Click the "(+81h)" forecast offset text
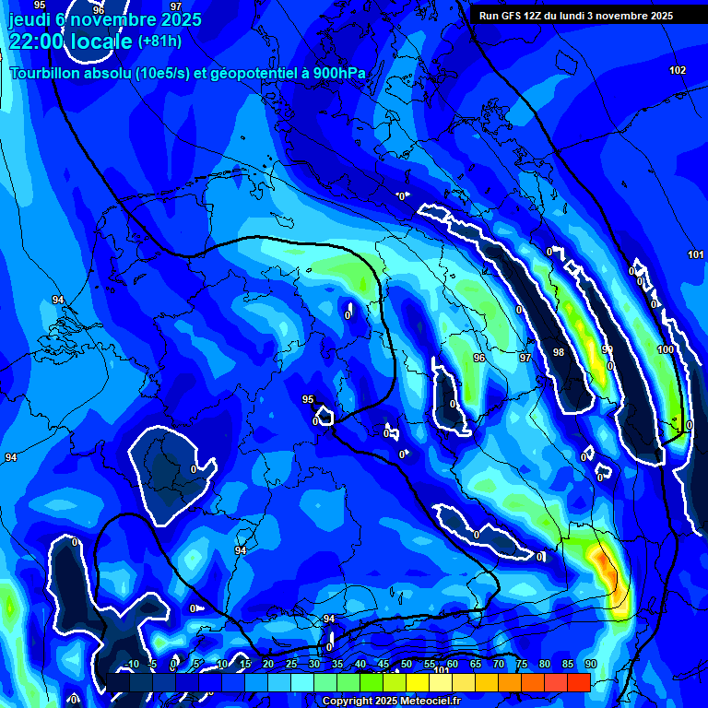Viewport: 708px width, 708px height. pyautogui.click(x=159, y=41)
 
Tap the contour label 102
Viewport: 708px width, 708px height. pyautogui.click(x=678, y=71)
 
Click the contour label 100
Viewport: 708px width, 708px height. pyautogui.click(x=666, y=350)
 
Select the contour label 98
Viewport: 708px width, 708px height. pyautogui.click(x=558, y=353)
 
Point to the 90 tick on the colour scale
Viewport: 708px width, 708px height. pyautogui.click(x=590, y=664)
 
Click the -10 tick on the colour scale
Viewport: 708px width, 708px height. pyautogui.click(x=132, y=664)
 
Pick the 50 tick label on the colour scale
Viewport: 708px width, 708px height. pyautogui.click(x=407, y=664)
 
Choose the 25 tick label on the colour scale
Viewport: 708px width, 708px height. pyautogui.click(x=291, y=664)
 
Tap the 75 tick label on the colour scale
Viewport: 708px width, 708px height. pyautogui.click(x=522, y=664)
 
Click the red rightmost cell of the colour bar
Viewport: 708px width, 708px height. pyautogui.click(x=578, y=682)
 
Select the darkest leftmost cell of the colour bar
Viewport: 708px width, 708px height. pyautogui.click(x=117, y=682)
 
